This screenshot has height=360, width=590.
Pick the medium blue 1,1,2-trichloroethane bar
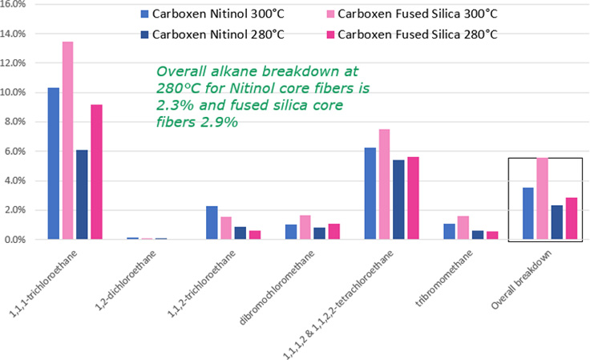212,223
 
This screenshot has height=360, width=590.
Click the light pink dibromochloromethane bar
305,227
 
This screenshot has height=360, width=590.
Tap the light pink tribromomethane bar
464,228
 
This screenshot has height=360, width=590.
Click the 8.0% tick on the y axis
18,122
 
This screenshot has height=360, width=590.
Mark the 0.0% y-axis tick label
18,240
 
